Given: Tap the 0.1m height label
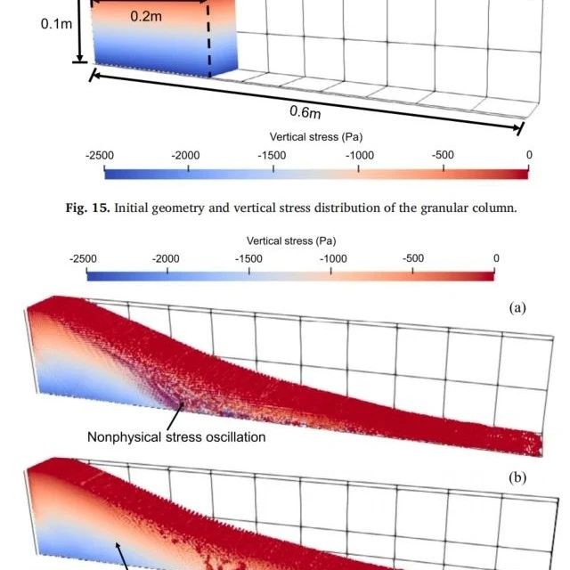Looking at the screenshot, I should [56, 24].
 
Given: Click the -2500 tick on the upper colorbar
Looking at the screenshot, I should [100, 155].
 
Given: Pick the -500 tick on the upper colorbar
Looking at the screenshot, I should [443, 155].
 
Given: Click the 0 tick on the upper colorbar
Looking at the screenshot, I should [528, 155].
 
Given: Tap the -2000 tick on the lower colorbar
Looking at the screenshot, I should [167, 258].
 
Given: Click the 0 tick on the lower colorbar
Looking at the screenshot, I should [495, 258].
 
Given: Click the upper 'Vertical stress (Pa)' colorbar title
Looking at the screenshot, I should [315, 137].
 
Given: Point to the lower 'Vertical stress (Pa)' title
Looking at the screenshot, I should [291, 240].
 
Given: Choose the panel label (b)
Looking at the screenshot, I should [517, 477].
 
